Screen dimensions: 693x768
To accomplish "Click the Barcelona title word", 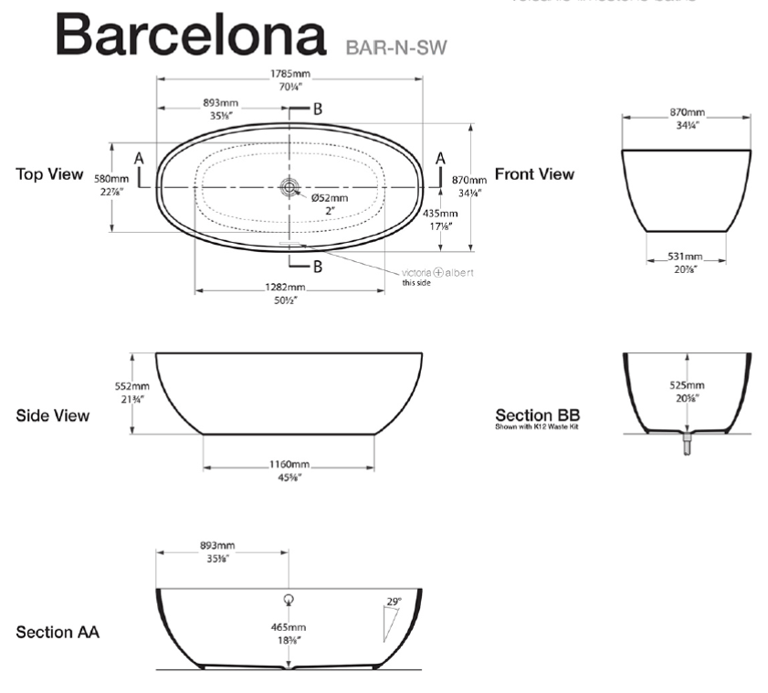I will [x=191, y=37].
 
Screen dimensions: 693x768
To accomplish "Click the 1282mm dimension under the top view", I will [x=289, y=288].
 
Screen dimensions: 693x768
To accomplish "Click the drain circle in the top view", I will [x=290, y=186].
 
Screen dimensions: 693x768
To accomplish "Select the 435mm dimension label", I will [x=440, y=213].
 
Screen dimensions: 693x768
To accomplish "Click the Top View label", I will [x=49, y=174].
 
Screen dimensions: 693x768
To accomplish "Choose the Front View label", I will [x=534, y=174].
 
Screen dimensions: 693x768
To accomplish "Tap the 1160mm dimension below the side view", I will [x=289, y=465].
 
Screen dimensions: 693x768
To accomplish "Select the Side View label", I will [x=52, y=415].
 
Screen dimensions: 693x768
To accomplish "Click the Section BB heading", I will [x=538, y=414].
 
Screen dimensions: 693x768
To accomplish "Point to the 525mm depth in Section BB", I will [x=686, y=385].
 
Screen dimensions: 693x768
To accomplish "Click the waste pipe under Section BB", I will [x=687, y=443].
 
